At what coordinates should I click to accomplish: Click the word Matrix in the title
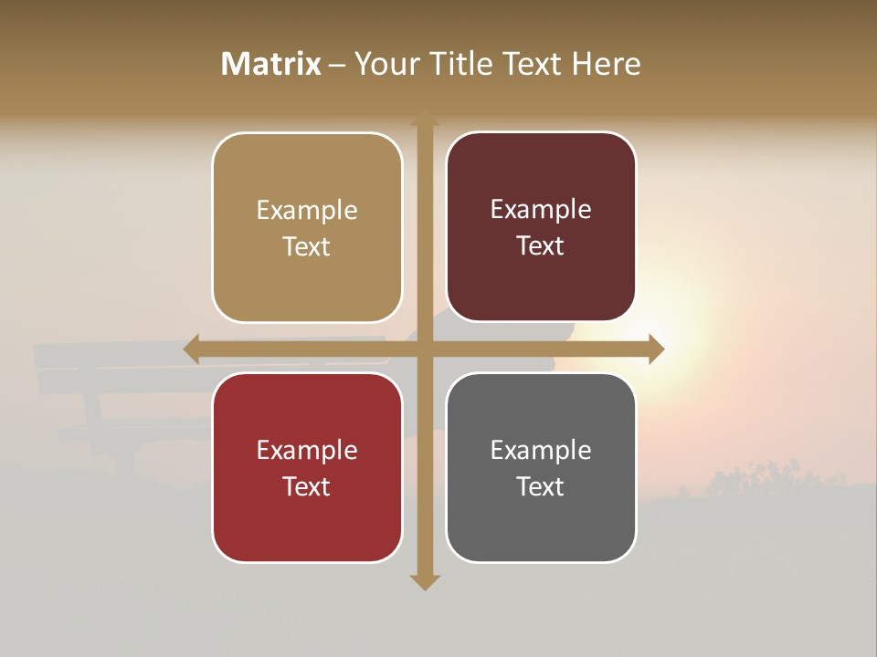[271, 64]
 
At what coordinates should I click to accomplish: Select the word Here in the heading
[607, 64]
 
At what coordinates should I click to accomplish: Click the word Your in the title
[386, 64]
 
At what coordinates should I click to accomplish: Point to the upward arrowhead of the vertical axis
[425, 119]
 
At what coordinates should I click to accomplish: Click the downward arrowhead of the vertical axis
[425, 581]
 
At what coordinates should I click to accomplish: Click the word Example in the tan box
[307, 211]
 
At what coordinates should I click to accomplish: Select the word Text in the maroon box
[541, 246]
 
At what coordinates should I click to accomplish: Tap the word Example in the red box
[307, 450]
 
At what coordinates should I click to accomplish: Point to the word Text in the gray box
[541, 486]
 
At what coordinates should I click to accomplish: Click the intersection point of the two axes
[425, 349]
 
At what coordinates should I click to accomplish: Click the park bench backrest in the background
[110, 360]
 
